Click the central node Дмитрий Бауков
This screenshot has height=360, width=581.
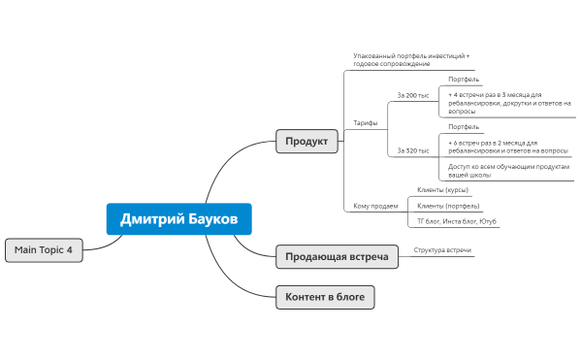(x=178, y=219)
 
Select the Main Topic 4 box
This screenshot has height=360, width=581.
(x=44, y=249)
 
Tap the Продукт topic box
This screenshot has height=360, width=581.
(x=307, y=142)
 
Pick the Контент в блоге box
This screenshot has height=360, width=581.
(x=324, y=297)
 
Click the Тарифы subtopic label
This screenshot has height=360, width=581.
(x=365, y=123)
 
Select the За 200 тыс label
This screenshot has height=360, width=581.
(x=413, y=96)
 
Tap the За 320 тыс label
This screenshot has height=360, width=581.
(x=413, y=150)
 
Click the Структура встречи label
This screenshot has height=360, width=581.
(x=442, y=250)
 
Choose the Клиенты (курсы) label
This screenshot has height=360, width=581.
(x=442, y=190)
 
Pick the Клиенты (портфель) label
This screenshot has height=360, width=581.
(x=448, y=206)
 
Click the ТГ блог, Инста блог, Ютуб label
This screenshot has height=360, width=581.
(x=458, y=221)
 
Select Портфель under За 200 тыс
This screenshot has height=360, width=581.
(x=464, y=80)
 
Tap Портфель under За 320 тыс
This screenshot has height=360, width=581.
(x=464, y=127)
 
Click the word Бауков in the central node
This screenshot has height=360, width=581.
(x=209, y=219)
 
